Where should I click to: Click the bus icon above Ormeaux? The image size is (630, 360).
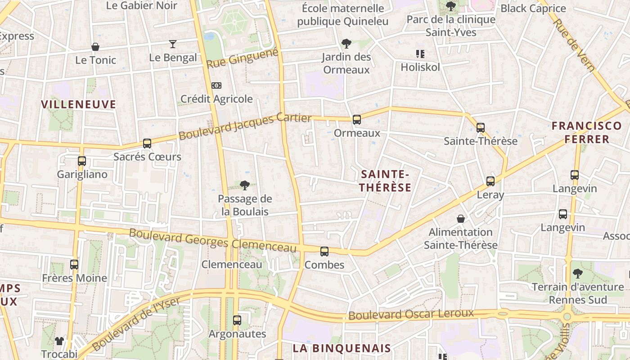click(x=357, y=119)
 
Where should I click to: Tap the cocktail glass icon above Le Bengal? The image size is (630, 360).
click(x=173, y=44)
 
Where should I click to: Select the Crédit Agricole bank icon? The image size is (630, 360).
click(x=216, y=85)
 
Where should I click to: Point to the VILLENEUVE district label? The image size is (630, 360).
click(x=79, y=104)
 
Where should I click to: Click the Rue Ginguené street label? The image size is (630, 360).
click(x=242, y=59)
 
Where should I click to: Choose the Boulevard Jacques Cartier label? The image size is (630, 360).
click(x=245, y=126)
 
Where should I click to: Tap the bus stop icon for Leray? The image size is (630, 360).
click(x=490, y=181)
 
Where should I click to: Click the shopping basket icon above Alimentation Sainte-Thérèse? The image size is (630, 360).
click(x=461, y=219)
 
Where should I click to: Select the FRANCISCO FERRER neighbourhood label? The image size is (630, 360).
click(x=580, y=132)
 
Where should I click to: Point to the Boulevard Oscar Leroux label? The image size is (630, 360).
click(x=411, y=314)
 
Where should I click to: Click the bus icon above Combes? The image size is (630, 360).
click(x=324, y=252)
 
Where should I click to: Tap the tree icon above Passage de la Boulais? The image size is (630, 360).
click(x=245, y=185)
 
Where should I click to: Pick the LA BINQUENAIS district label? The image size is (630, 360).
click(x=342, y=348)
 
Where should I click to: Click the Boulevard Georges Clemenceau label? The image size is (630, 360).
click(x=213, y=240)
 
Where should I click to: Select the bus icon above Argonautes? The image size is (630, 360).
click(x=237, y=320)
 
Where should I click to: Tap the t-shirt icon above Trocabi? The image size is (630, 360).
click(x=59, y=341)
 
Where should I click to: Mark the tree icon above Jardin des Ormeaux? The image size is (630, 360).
click(x=346, y=44)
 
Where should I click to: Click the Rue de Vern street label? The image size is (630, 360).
click(x=573, y=45)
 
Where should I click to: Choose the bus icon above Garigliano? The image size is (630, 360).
click(x=82, y=161)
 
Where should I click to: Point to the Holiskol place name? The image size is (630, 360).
click(x=420, y=67)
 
